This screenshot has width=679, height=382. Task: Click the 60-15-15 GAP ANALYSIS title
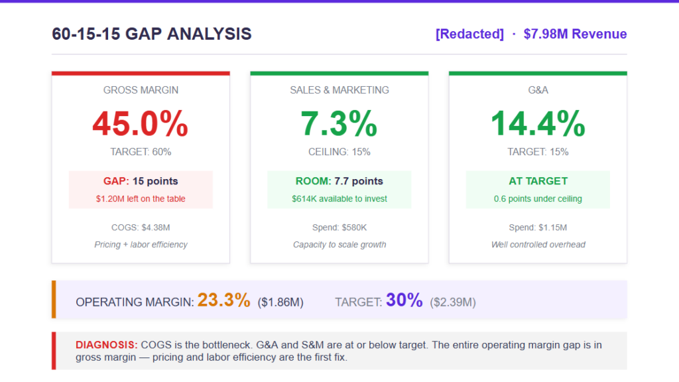point(152,34)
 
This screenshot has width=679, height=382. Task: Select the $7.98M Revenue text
point(575,34)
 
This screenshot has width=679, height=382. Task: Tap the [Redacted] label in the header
point(469,34)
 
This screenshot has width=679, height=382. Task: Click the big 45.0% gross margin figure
point(141,123)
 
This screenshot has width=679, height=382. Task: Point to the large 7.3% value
point(339,123)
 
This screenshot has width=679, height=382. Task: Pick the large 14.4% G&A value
point(538,123)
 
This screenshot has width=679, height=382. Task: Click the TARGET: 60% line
point(141,152)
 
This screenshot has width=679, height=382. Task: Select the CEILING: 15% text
point(339,152)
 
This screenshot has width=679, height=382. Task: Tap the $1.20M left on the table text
point(141,198)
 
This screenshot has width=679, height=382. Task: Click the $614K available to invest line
point(339,198)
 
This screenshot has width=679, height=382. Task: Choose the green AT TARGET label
point(538,181)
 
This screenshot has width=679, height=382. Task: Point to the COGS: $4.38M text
point(141,227)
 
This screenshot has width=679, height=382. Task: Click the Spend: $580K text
point(339,227)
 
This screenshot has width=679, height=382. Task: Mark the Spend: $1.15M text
point(538,227)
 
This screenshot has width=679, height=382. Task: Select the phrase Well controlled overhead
point(538,245)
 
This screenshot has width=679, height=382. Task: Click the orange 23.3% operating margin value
point(223,300)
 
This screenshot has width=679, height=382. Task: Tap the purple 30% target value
point(404,300)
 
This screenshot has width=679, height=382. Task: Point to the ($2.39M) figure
point(453,302)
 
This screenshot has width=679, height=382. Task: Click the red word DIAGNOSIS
point(107,345)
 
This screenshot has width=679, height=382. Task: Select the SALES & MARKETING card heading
point(339,90)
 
